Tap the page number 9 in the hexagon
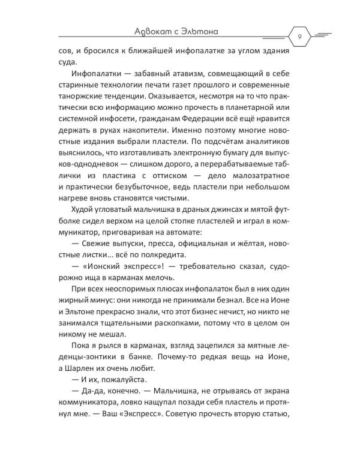(x=298, y=37)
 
